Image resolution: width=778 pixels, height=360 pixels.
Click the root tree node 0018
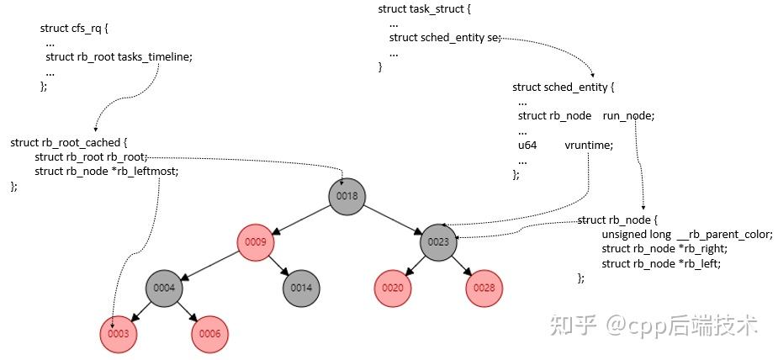coord(347,196)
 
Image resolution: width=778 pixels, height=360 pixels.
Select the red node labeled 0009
coord(256,242)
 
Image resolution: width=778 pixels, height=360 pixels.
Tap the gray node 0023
coord(438,242)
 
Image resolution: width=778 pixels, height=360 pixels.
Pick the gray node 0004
coord(164,289)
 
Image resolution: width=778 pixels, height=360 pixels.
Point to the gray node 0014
coord(301,289)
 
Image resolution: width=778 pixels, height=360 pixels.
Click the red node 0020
coord(393,289)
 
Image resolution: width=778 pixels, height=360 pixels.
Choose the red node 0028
coord(484,289)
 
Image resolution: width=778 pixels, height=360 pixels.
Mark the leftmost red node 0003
coord(119,334)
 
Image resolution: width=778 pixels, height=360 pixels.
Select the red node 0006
coord(210,334)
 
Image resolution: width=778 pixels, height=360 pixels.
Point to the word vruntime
coord(589,146)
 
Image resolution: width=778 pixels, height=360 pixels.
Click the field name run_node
coord(628,116)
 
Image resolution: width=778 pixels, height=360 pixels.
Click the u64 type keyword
coord(527,146)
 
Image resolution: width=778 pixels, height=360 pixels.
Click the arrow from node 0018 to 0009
coord(301,220)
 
